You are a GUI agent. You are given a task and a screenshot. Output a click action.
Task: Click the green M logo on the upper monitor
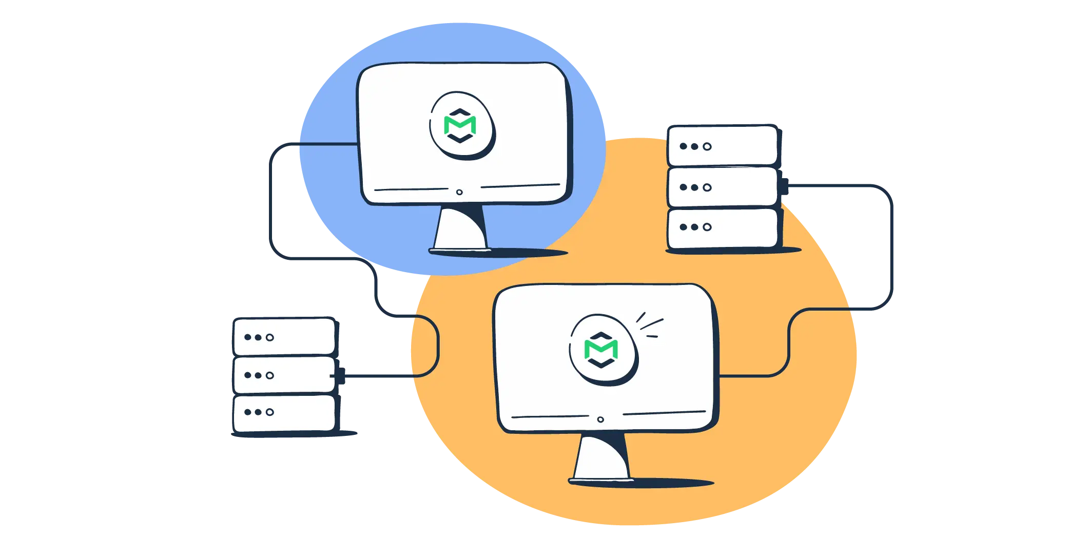(x=460, y=125)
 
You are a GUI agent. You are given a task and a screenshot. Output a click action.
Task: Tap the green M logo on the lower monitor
(x=600, y=349)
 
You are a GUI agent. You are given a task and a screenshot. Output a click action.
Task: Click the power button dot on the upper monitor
(x=459, y=192)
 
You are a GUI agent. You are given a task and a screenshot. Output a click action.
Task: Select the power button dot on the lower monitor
(x=600, y=419)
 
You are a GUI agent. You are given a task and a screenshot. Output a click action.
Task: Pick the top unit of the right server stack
(x=723, y=146)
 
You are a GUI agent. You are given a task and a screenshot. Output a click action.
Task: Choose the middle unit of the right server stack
(x=723, y=187)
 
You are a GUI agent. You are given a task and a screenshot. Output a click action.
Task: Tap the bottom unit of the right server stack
(x=723, y=227)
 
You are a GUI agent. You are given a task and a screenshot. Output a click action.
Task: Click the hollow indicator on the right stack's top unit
(x=707, y=146)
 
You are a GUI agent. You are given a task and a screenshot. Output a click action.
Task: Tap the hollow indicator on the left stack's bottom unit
(x=270, y=412)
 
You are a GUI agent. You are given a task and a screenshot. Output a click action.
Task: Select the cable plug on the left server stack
(x=343, y=376)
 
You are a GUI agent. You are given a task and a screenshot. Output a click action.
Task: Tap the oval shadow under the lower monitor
(x=667, y=483)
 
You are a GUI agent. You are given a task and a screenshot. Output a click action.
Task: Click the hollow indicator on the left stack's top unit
(x=270, y=337)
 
